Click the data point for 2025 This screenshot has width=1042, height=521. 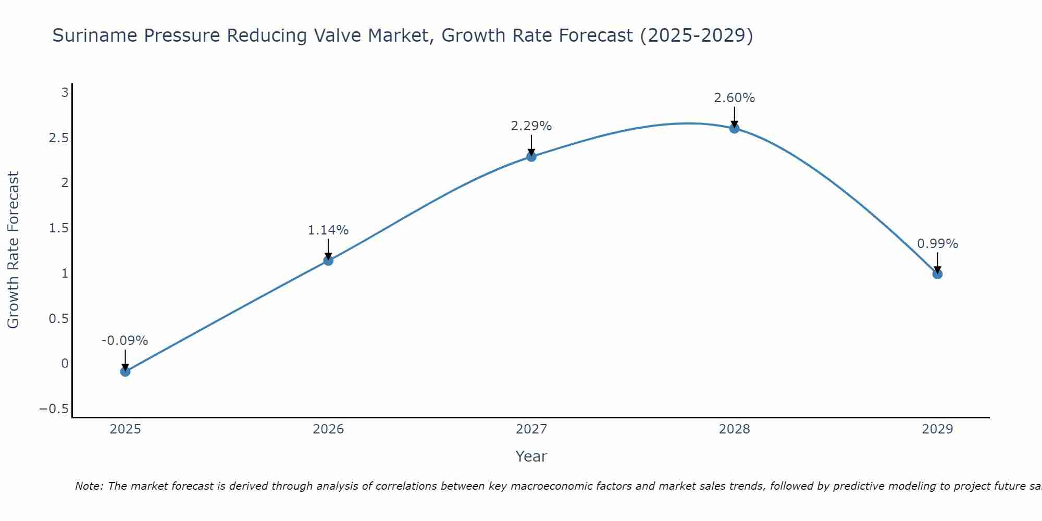coord(125,371)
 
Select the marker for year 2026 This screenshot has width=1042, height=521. coord(328,260)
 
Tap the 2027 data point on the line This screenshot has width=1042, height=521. coord(531,156)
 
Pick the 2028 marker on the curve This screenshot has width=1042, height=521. coord(735,128)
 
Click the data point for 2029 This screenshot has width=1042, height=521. coord(937,274)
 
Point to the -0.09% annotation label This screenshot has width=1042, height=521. coord(125,341)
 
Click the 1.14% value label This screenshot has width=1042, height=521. coord(328,230)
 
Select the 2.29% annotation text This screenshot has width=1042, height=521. coord(531,126)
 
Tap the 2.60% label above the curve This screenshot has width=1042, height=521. coord(735,98)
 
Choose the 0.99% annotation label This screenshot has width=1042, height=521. coord(937,244)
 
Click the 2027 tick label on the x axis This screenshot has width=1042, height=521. coord(531,429)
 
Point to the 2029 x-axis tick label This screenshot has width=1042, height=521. coord(937,429)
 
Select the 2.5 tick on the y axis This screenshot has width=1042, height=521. coord(59,138)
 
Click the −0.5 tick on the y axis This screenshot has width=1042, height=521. coord(54,409)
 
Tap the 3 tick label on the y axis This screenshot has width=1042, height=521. coord(65,93)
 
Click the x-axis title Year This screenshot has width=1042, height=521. coord(531,457)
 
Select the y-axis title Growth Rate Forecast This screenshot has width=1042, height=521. coord(14,250)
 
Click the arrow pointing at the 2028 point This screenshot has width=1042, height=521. coord(735,117)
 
